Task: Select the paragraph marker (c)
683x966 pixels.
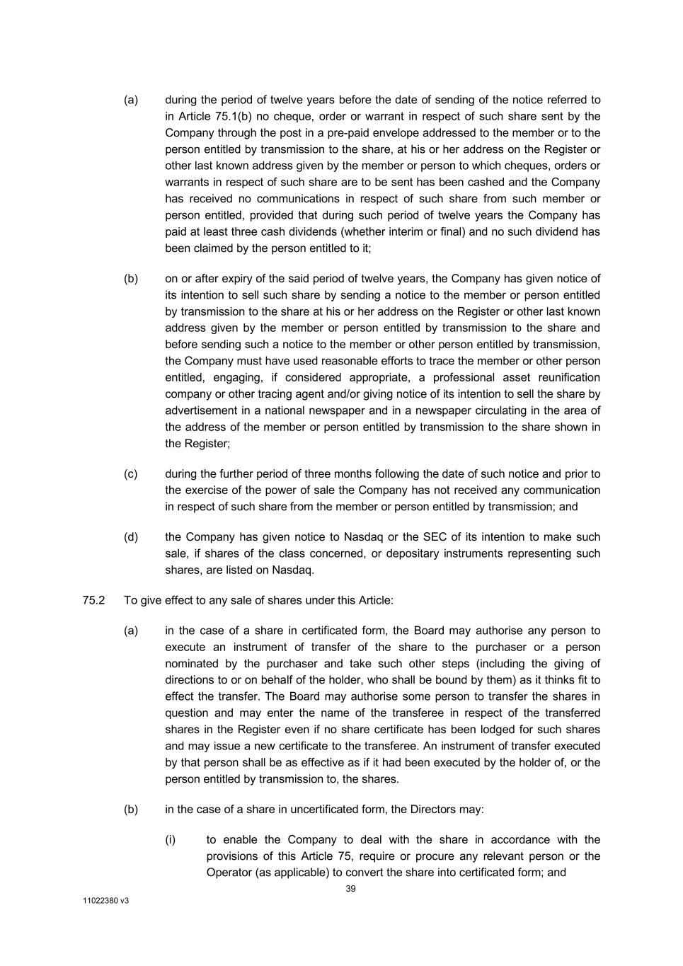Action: coord(131,474)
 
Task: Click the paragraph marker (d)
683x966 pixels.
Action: coord(131,537)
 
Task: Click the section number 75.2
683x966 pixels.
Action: coord(93,600)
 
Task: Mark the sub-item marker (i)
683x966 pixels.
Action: coord(171,840)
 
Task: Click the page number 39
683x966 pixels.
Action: coord(350,889)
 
